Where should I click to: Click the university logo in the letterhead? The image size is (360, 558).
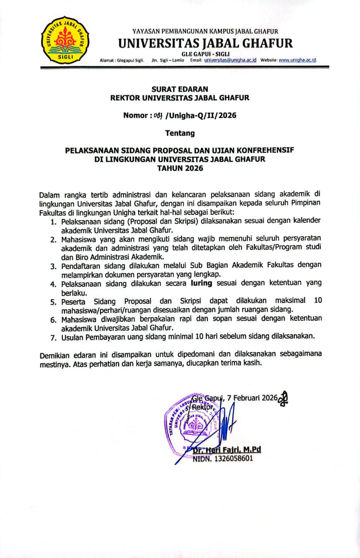tap(65, 39)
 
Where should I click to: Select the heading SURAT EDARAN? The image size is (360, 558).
tap(180, 89)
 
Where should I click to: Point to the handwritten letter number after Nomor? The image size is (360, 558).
tap(156, 116)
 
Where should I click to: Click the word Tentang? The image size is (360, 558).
tap(180, 133)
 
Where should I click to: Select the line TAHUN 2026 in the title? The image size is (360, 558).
tap(180, 168)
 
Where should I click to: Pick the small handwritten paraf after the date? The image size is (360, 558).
tap(284, 398)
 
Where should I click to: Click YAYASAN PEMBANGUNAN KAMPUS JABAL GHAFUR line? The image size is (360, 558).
tap(205, 31)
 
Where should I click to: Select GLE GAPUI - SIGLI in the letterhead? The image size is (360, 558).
tap(205, 54)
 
